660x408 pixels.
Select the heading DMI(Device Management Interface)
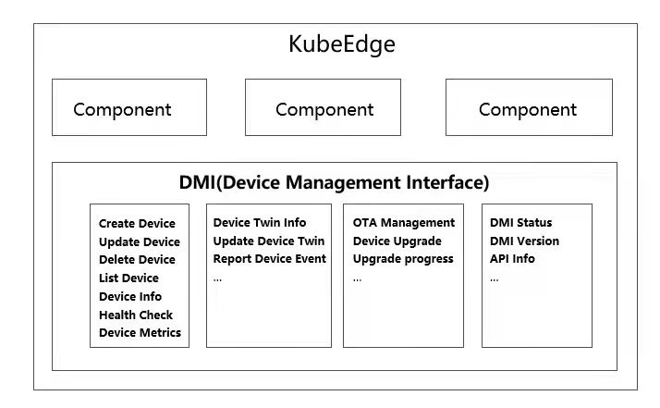(x=334, y=183)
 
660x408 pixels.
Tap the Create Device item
(x=137, y=224)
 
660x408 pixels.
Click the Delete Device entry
(x=137, y=260)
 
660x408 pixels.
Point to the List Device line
(x=128, y=278)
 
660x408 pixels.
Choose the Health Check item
(x=136, y=315)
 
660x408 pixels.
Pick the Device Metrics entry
(x=140, y=333)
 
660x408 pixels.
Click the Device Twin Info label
(x=260, y=223)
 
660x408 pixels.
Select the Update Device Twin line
(x=268, y=241)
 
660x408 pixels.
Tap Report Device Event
(x=269, y=259)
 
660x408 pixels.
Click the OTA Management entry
(x=404, y=223)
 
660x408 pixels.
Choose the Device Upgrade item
(x=397, y=241)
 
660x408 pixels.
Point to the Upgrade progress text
(x=403, y=259)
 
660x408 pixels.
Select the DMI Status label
(x=521, y=223)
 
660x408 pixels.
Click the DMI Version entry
(x=524, y=241)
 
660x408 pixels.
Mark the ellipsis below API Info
(x=495, y=278)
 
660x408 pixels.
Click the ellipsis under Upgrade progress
(x=357, y=278)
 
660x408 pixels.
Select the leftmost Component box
(x=128, y=108)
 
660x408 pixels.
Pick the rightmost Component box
(x=529, y=108)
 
